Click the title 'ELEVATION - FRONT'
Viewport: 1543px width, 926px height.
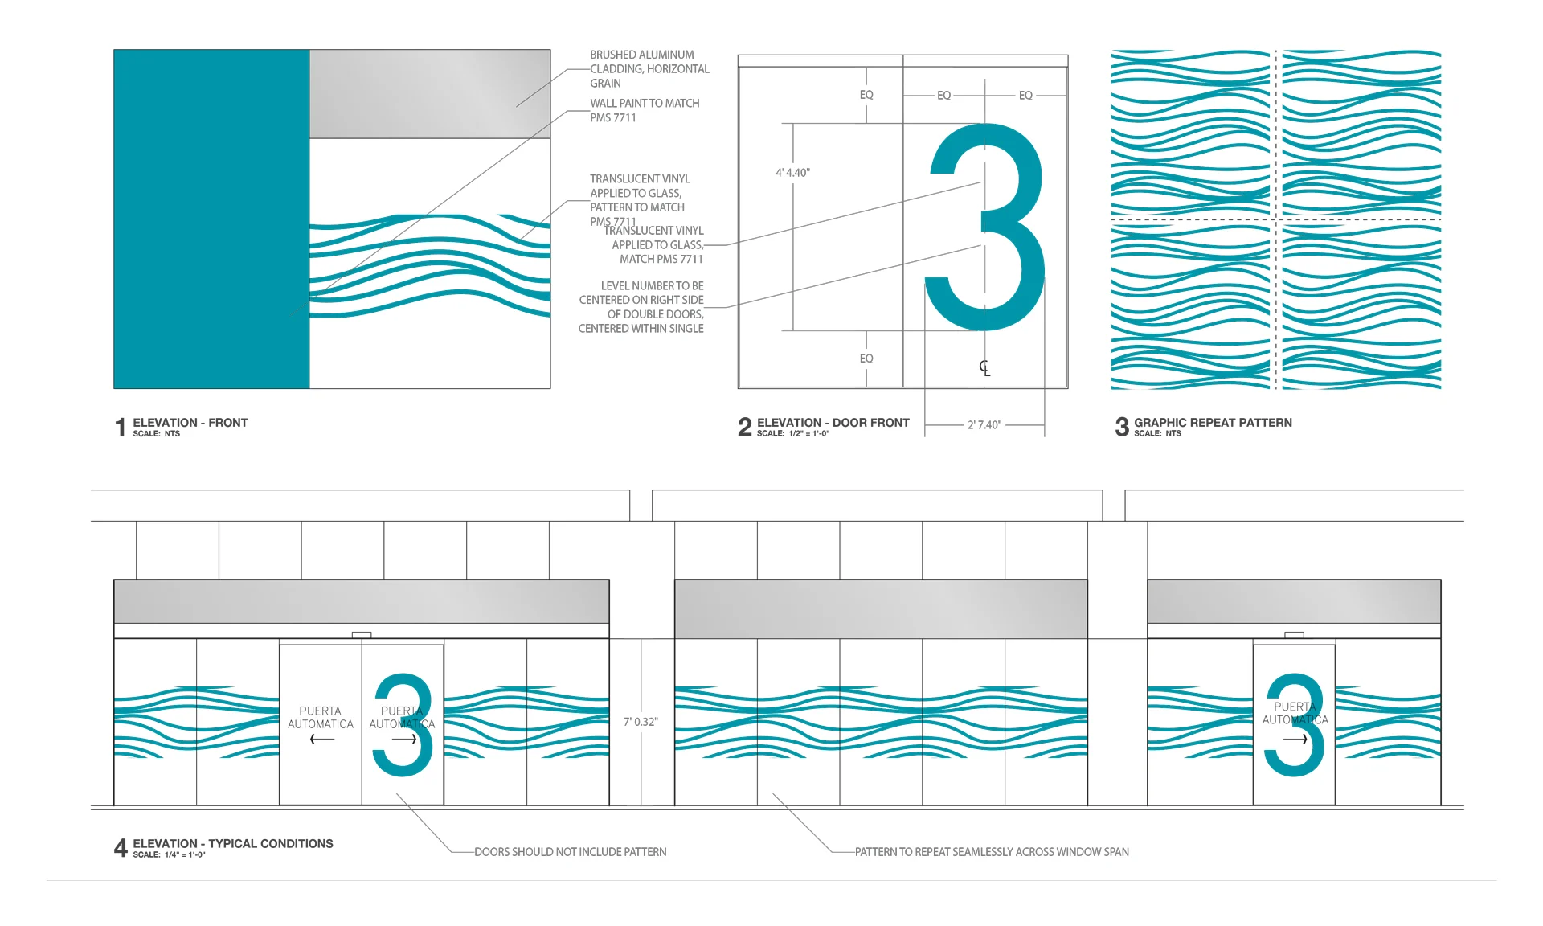click(190, 423)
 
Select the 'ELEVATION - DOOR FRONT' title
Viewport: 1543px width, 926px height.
click(833, 423)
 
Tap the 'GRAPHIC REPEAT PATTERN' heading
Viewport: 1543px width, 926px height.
click(1213, 423)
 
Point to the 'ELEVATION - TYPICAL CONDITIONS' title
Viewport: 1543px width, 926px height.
click(232, 843)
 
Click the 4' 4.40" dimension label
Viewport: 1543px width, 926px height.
click(792, 173)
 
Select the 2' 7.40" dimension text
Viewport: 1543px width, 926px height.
click(984, 425)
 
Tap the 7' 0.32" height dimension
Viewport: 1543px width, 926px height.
click(641, 722)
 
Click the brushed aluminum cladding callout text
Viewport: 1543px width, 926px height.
click(649, 69)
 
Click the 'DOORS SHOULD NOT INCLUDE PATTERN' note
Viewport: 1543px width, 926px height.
click(570, 852)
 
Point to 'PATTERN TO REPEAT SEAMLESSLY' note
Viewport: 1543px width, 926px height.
click(991, 852)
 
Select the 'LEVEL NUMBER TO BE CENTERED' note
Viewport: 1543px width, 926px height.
click(641, 307)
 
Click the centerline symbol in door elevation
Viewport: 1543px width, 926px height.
click(984, 368)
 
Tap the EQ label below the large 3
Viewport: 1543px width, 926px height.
click(866, 359)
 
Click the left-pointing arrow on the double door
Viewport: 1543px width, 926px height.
click(321, 740)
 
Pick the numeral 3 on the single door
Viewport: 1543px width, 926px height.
click(1295, 725)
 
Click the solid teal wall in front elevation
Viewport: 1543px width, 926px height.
click(211, 219)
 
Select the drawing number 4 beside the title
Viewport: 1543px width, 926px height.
click(121, 847)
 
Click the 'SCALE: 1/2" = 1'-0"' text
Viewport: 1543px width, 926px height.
click(792, 434)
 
